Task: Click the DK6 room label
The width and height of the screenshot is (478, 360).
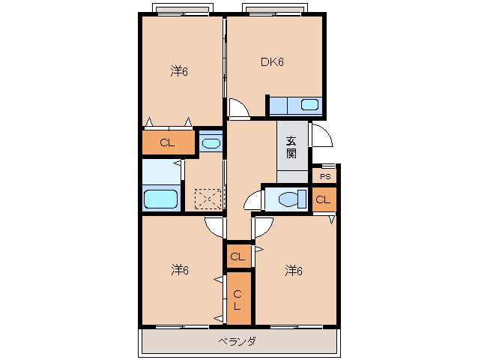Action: pos(272,62)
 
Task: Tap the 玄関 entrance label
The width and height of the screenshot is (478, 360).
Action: pos(291,147)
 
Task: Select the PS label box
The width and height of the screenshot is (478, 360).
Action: pos(325,177)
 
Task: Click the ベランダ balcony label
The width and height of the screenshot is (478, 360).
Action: pos(238,341)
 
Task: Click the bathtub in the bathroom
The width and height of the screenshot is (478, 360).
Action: pos(160,199)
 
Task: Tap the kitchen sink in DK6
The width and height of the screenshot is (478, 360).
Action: pos(309,105)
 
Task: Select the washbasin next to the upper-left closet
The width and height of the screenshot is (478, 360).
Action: pos(211,143)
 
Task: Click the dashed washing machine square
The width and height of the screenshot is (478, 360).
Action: pos(208,199)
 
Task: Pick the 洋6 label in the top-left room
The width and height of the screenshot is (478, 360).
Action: pos(179,71)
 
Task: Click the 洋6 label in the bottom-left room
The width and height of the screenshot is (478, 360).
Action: pos(180,270)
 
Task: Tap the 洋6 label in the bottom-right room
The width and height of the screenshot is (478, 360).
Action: pos(294,271)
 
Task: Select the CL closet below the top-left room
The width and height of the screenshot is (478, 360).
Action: pos(169,142)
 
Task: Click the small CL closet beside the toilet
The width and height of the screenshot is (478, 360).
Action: pos(324,199)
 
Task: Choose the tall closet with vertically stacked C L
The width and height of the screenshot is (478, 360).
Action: pos(239,298)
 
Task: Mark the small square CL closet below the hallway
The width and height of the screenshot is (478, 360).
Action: pos(239,256)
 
